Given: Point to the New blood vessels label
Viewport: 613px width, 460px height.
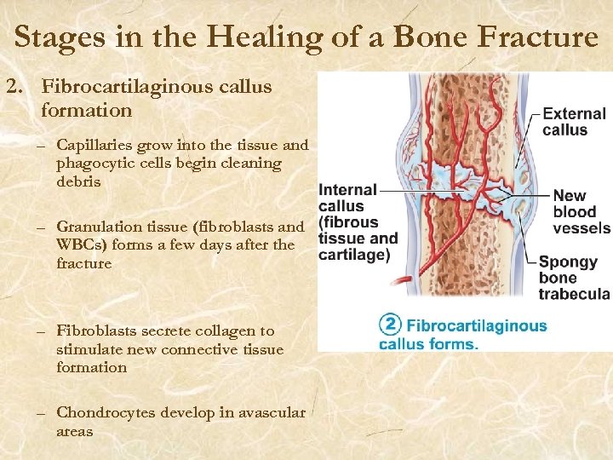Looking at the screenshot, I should point(581,212).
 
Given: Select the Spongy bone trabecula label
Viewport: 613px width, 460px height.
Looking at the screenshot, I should point(573,278).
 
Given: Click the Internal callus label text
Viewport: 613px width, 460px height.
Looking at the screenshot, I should point(341,198).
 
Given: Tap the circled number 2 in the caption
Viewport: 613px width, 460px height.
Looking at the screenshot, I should point(389,325).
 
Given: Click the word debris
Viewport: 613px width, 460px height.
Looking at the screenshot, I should point(78,181).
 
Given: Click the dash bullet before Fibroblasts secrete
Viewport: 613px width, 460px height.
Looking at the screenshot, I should point(41,331).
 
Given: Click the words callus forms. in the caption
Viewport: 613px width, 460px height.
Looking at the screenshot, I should point(428,343).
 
